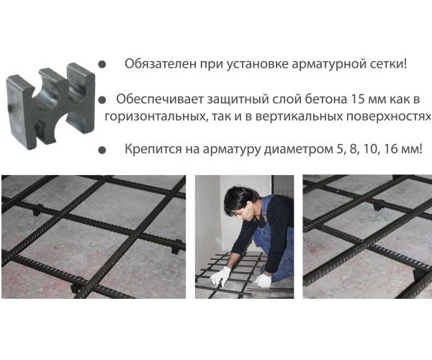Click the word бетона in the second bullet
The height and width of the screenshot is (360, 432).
click(325, 99)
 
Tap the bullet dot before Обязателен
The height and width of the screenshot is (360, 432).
click(102, 64)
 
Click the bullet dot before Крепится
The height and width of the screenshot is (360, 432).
click(102, 150)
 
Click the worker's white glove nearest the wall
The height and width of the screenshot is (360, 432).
click(220, 276)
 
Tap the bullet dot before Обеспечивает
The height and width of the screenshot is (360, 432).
click(102, 99)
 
